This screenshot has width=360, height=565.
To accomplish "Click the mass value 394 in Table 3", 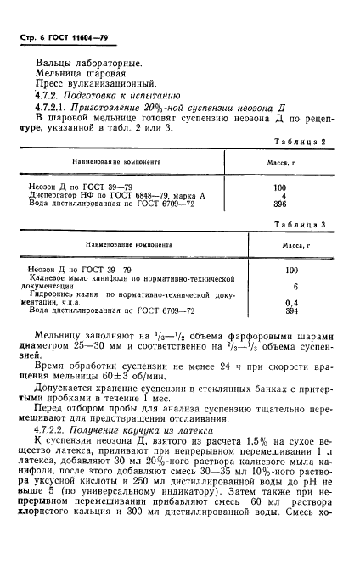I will (x=293, y=311).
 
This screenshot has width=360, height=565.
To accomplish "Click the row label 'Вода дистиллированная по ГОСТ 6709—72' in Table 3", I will (x=110, y=311).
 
